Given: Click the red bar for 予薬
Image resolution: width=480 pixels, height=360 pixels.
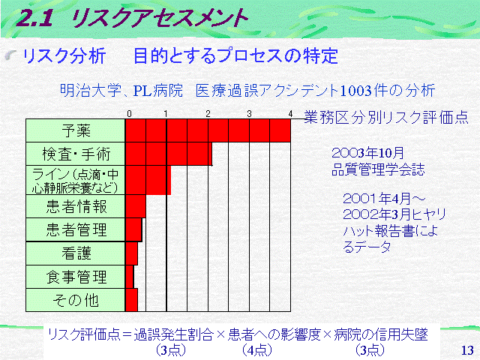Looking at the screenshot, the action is point(208,130).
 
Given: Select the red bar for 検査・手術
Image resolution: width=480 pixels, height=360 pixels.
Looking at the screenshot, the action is point(169,154).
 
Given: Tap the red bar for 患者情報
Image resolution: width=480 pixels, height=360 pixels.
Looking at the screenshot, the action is point(136,206).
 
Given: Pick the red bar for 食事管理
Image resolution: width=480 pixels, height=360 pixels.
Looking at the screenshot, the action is point(130,277).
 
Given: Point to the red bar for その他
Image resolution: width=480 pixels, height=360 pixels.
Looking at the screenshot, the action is point(132,300).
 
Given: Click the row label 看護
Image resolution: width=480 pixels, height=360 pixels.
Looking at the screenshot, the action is point(76,253).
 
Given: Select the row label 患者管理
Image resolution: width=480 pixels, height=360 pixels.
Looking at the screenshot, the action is point(76,230).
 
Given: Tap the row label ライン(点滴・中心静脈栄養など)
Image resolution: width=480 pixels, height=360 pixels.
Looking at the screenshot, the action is point(75,181).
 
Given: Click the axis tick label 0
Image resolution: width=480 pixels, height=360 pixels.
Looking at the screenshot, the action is point(129,114).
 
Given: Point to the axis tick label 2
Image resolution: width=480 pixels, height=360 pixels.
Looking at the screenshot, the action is point(208,114).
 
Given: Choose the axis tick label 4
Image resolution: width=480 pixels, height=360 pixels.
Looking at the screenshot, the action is point(290,114).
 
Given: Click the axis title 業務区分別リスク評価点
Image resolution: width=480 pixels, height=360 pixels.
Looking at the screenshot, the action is point(386,117).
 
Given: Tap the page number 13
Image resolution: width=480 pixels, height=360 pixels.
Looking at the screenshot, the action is point(467,350).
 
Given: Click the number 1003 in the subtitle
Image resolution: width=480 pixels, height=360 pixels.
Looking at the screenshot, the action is point(355,91).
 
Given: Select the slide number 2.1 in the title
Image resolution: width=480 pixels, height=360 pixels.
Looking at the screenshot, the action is point(34,18).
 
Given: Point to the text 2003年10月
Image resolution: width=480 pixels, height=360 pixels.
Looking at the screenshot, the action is point(367,153).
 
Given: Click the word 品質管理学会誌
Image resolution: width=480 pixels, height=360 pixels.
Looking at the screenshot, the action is point(378,169).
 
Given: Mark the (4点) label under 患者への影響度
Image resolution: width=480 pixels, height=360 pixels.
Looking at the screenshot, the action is point(256,350).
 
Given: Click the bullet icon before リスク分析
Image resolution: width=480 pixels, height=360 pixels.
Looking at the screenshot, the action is point(11,55).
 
